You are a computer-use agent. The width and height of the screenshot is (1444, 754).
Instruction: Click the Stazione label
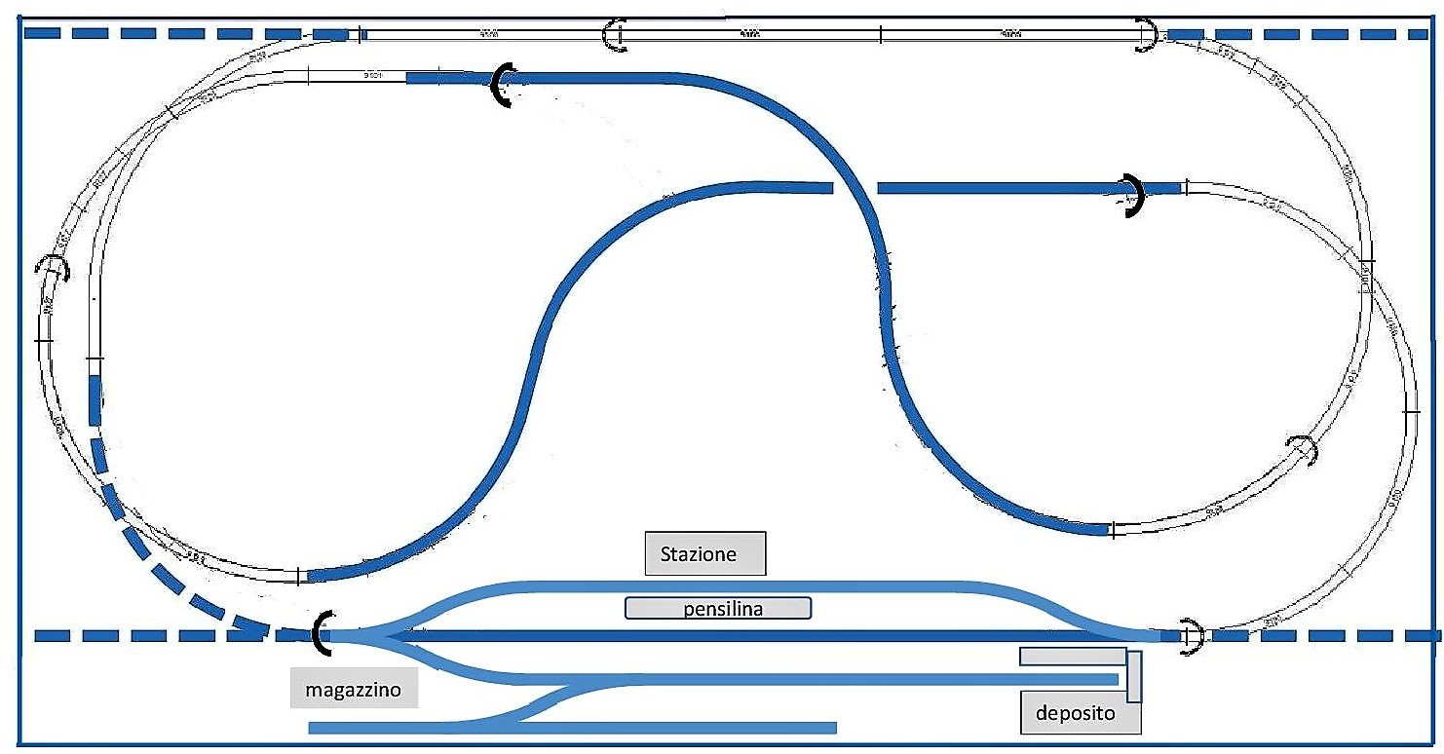click(x=705, y=554)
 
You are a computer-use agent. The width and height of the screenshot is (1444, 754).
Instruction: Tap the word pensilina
click(x=717, y=609)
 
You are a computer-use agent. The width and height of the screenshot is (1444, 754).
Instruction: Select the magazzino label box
click(x=355, y=690)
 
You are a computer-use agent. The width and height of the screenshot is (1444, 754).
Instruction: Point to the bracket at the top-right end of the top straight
click(x=1149, y=36)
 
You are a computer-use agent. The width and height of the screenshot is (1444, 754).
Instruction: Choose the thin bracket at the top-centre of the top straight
click(x=614, y=36)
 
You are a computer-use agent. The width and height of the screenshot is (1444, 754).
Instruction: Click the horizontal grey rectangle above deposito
click(x=1072, y=656)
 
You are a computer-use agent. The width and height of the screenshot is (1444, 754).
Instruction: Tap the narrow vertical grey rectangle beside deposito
click(x=1134, y=677)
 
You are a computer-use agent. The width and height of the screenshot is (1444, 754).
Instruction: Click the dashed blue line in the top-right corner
click(x=1296, y=35)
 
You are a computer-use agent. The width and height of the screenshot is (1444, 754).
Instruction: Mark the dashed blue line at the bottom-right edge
click(x=1325, y=636)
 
